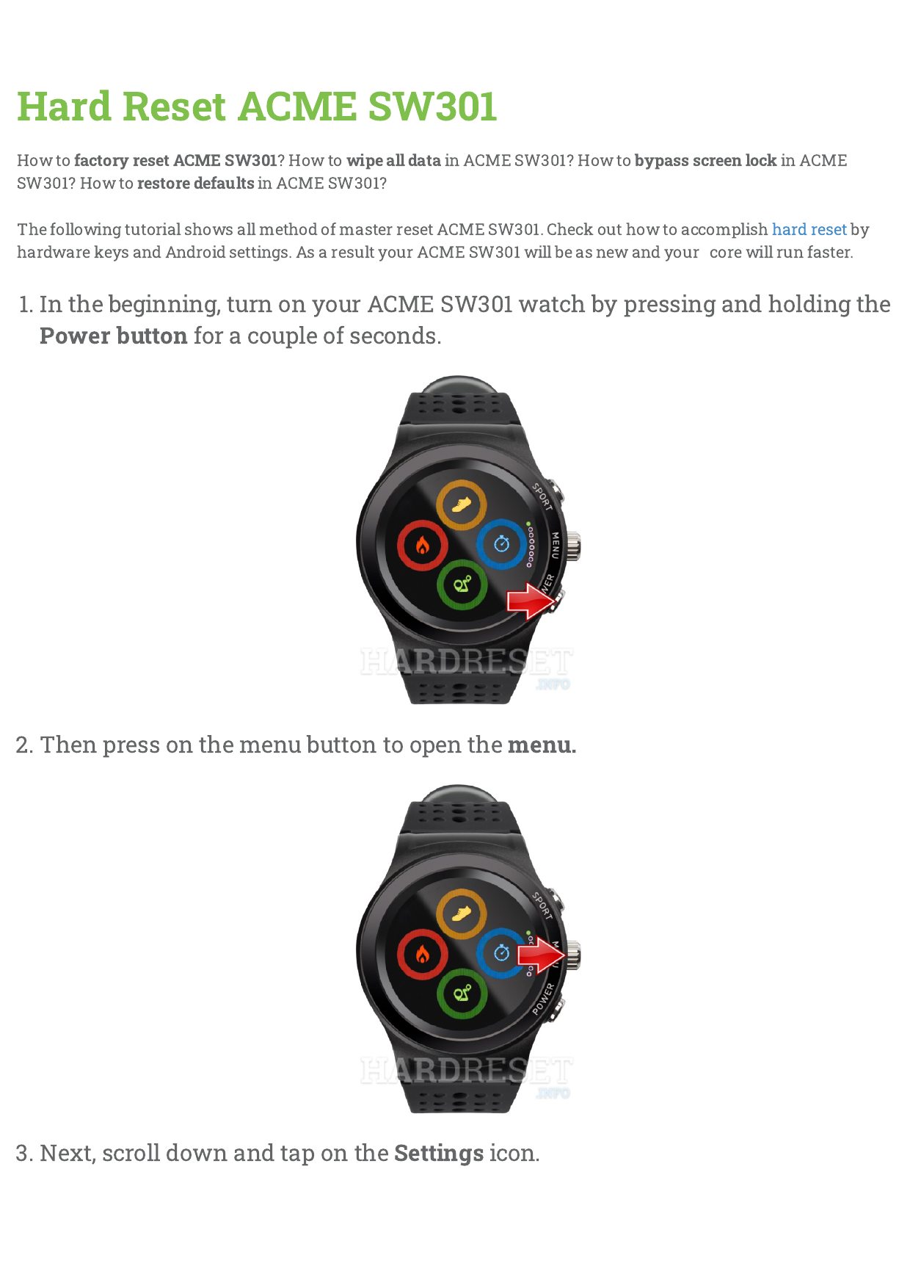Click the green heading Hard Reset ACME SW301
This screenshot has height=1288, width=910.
pyautogui.click(x=257, y=106)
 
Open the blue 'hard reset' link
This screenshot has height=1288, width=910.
pyautogui.click(x=809, y=229)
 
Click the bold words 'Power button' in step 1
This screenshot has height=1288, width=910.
pyautogui.click(x=114, y=336)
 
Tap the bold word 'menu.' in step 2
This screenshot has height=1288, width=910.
pyautogui.click(x=542, y=745)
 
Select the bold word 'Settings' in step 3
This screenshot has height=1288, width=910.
pyautogui.click(x=439, y=1154)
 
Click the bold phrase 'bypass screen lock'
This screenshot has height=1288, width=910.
pyautogui.click(x=706, y=161)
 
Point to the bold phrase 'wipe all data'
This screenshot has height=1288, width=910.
pyautogui.click(x=394, y=161)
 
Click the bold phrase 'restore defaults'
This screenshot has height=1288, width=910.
pyautogui.click(x=196, y=183)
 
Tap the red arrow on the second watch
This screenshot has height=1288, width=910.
pyautogui.click(x=542, y=955)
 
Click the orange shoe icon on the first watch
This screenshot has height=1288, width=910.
pyautogui.click(x=462, y=505)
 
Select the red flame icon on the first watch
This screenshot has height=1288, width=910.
pyautogui.click(x=423, y=546)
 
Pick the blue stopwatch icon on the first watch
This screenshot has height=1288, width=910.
pyautogui.click(x=502, y=544)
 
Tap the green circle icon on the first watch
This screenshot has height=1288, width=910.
pyautogui.click(x=462, y=585)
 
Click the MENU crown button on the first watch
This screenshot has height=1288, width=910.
pyautogui.click(x=572, y=546)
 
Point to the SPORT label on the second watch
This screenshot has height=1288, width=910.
pyautogui.click(x=542, y=905)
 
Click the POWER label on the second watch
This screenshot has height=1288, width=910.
pyautogui.click(x=544, y=999)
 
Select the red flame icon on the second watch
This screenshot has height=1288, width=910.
pyautogui.click(x=423, y=954)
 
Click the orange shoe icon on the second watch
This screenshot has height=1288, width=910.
pyautogui.click(x=462, y=914)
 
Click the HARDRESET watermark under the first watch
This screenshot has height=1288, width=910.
pyautogui.click(x=467, y=663)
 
